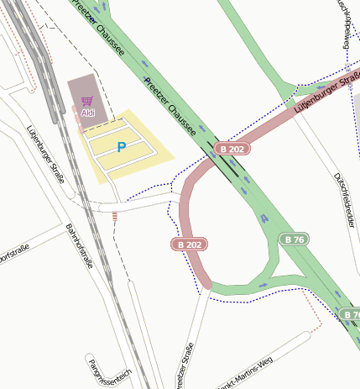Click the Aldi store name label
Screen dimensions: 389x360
coord(88,113)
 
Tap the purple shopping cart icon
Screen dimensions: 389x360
coord(87,102)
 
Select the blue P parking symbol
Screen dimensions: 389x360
coord(122,147)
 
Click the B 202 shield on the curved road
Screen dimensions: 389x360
coord(189,244)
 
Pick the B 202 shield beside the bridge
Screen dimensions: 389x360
coord(232,149)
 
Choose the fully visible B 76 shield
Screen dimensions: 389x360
coord(295,239)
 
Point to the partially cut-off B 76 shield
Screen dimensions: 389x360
coord(352,314)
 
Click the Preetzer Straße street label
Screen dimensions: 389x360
coord(185,366)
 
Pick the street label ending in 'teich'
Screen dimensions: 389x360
coord(110,370)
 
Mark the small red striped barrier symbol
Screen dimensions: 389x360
coord(114,217)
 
